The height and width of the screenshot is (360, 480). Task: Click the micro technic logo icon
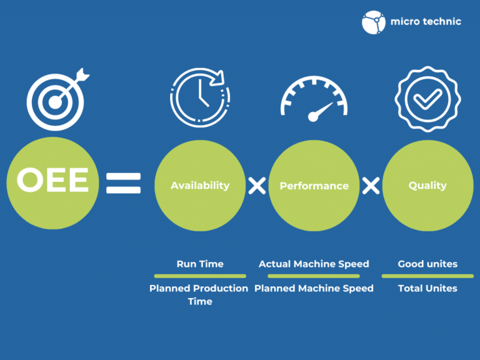point(374,22)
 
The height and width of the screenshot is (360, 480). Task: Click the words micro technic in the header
point(426,21)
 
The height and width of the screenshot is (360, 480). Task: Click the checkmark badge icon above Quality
point(427,96)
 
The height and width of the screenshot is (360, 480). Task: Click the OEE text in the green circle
point(52,181)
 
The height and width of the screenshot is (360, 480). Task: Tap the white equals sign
point(123,184)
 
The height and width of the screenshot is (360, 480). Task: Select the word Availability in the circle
point(200,186)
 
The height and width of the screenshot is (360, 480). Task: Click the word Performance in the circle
point(314,186)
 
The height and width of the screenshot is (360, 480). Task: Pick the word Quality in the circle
point(427,186)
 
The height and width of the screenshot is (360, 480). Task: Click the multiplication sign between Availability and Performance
point(257,185)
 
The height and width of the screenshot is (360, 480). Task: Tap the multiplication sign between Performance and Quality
point(371,185)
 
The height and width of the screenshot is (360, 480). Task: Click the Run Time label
point(200,264)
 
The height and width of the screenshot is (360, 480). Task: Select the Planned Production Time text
point(199,294)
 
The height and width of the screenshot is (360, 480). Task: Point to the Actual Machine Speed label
point(314,264)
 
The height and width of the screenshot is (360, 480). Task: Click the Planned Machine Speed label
point(314,288)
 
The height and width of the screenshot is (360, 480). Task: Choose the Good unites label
point(427,264)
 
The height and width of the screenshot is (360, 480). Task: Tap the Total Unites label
point(427,288)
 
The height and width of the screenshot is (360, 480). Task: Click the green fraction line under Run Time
point(200,276)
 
